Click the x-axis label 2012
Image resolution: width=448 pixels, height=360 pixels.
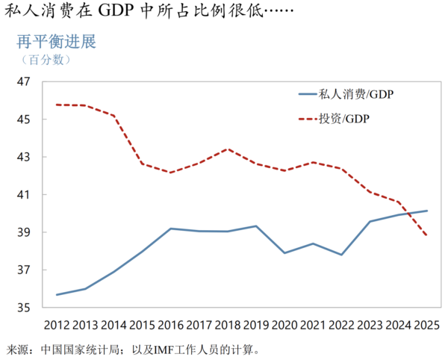tap(57, 326)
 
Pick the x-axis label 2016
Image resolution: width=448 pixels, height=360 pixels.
tap(171, 326)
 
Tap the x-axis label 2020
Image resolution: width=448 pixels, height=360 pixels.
tap(285, 326)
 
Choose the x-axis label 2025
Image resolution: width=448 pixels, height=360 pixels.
tap(426, 326)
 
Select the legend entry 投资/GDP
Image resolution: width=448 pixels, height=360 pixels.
tap(343, 119)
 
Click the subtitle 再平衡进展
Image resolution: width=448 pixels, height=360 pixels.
tap(57, 42)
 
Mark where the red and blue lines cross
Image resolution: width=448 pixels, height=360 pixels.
tap(409, 213)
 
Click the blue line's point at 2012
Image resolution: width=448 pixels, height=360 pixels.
tap(57, 294)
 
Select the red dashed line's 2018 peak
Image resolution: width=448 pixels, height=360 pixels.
tap(228, 149)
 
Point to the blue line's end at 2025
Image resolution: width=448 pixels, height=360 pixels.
tap(426, 211)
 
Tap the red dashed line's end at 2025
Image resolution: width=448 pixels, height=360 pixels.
tap(426, 235)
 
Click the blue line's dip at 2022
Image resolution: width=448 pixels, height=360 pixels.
tap(342, 255)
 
